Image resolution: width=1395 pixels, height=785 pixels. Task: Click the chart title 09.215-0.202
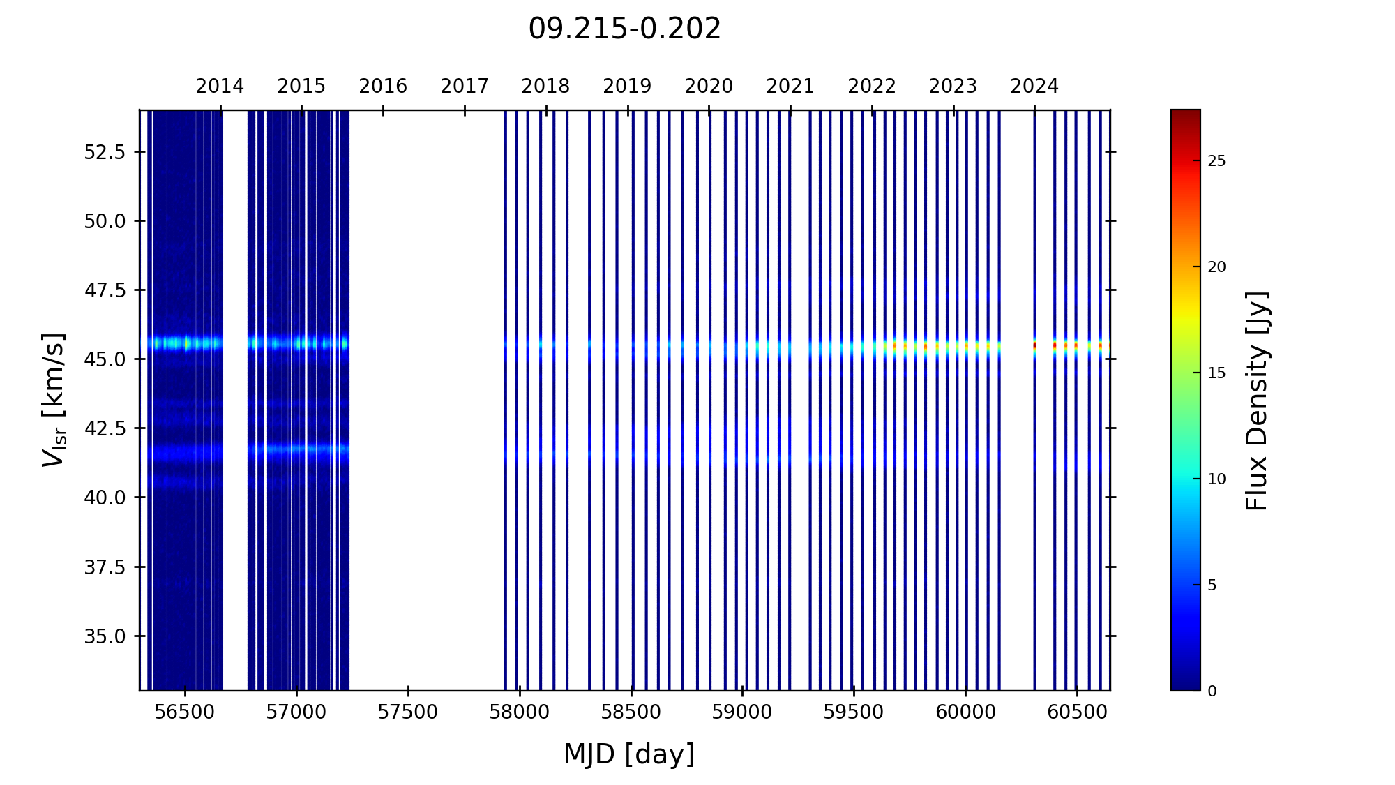tap(624, 29)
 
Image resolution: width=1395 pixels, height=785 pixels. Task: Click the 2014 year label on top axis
tap(220, 87)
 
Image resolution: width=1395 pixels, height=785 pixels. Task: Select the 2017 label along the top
tap(465, 87)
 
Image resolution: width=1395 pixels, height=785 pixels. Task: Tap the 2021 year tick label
tap(790, 87)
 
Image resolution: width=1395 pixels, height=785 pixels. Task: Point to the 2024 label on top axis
tap(1034, 87)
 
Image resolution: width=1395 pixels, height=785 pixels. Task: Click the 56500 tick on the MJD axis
tap(185, 712)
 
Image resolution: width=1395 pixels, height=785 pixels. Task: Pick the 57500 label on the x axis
tap(408, 712)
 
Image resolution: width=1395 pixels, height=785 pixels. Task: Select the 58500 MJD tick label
tap(631, 712)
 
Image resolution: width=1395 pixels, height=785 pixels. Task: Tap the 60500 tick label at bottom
tap(1077, 712)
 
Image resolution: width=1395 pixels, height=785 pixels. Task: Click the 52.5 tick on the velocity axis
tap(105, 152)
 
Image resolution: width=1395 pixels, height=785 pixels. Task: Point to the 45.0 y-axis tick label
tap(105, 359)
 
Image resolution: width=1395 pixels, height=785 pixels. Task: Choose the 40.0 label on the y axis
tap(105, 498)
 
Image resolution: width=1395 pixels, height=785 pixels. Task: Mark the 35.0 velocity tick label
tap(105, 636)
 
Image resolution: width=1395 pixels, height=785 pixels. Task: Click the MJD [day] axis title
tap(629, 754)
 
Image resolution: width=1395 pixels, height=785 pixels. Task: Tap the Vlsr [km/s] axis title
tap(54, 400)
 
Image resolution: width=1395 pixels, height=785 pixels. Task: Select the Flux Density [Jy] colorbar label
tap(1258, 401)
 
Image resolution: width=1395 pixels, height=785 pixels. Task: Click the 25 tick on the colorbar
tap(1216, 162)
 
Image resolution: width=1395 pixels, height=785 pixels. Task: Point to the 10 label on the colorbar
tap(1216, 479)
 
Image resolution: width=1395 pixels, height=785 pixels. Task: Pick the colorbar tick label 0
tap(1212, 691)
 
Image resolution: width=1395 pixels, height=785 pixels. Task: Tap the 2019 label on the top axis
tap(627, 87)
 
